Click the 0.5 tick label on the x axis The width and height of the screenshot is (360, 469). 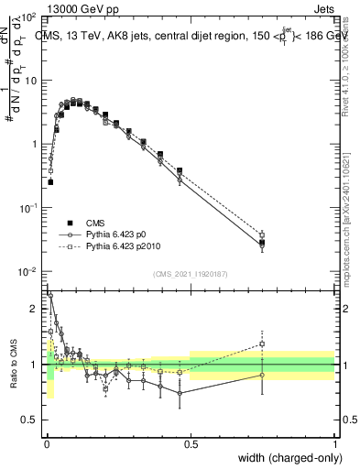coord(191,444)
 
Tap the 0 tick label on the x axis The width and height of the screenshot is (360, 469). coord(47,444)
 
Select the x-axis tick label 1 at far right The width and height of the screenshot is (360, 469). coord(334,444)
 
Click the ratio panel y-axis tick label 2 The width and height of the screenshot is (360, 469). coord(36,309)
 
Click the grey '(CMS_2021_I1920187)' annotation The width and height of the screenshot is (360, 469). coord(190,274)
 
